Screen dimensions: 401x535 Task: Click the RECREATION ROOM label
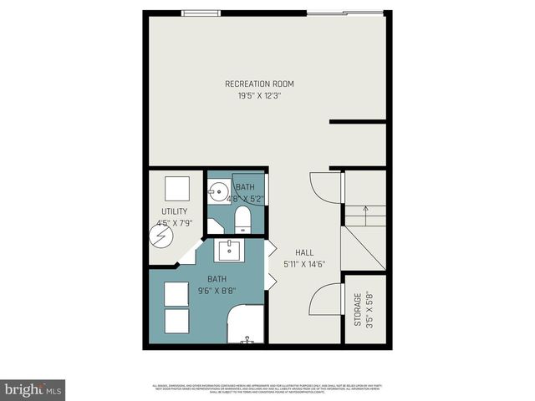point(259,84)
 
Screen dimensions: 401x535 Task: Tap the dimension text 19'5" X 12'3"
point(259,95)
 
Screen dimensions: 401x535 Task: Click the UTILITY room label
point(175,211)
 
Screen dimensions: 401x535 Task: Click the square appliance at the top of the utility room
point(176,186)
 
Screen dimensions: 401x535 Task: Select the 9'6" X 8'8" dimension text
point(217,291)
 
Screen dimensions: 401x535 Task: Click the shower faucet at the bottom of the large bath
point(246,341)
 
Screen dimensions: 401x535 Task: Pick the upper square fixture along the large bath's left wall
point(176,294)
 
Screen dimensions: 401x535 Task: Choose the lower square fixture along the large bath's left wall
point(176,321)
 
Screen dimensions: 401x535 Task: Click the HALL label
point(304,252)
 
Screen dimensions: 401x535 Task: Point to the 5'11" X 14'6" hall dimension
point(304,265)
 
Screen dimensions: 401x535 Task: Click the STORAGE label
point(357,308)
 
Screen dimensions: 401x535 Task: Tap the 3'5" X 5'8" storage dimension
point(369,308)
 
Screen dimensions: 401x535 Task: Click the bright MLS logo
point(33,389)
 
